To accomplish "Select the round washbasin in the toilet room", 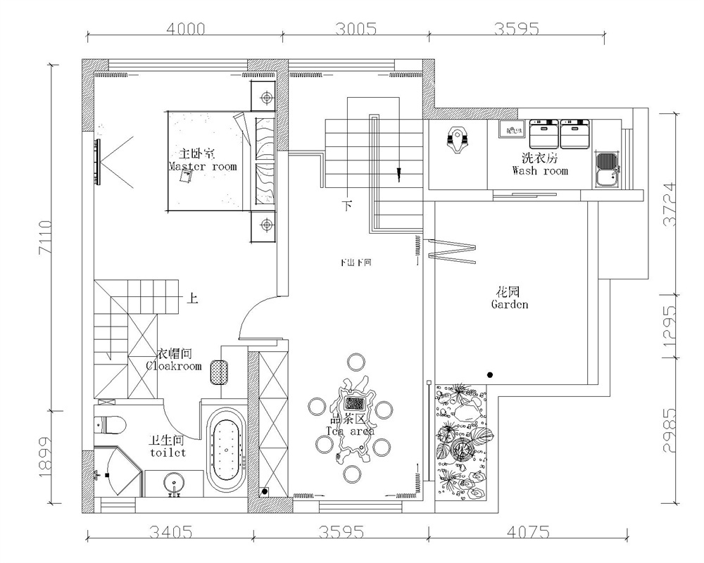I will [175, 484].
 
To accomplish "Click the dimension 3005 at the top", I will [356, 30].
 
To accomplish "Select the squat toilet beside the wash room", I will [458, 138].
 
